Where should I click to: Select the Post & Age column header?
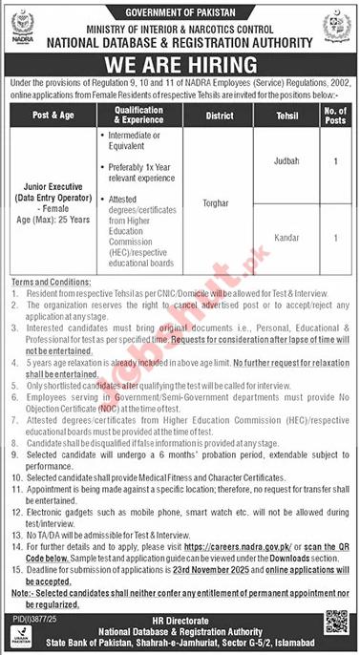[x=54, y=116]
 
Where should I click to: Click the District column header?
[x=215, y=116]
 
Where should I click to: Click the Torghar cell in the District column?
[x=215, y=203]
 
